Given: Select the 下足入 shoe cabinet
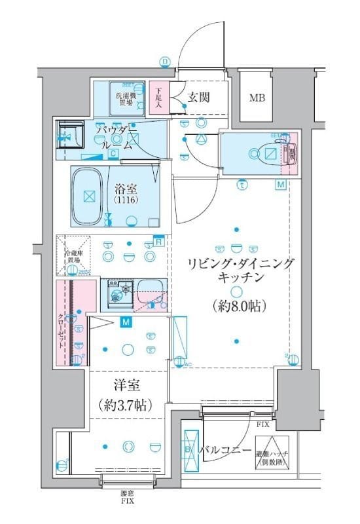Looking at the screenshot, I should pyautogui.click(x=158, y=99).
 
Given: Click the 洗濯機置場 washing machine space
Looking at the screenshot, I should pyautogui.click(x=127, y=99).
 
